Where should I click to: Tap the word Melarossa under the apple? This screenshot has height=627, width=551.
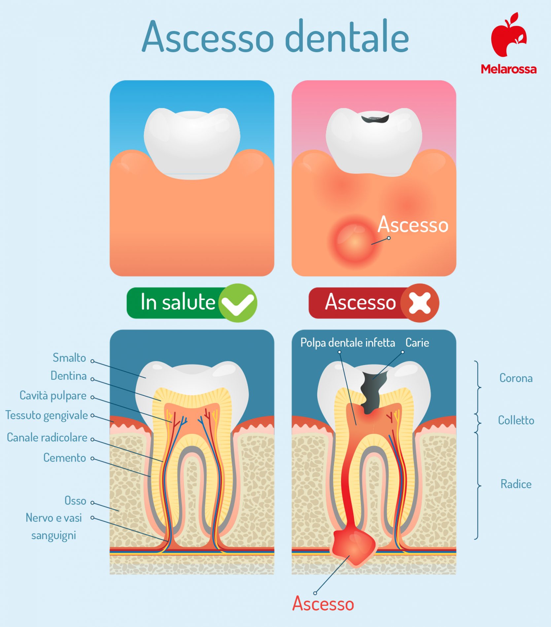click(x=508, y=69)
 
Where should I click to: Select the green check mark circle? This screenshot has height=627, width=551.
click(x=238, y=303)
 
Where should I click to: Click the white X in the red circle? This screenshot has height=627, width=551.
click(x=420, y=303)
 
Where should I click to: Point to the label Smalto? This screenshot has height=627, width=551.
click(x=69, y=358)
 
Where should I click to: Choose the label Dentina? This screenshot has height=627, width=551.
click(x=69, y=376)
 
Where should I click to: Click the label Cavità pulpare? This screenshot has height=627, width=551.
click(x=53, y=396)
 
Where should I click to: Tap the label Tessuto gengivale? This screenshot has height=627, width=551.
click(x=47, y=415)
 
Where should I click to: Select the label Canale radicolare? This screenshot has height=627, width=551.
click(x=47, y=438)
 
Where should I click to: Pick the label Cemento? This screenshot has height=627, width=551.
click(x=65, y=458)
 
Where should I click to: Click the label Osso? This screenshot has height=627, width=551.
click(x=75, y=501)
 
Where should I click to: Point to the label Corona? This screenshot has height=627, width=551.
click(x=516, y=378)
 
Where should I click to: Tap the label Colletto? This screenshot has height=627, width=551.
click(x=516, y=420)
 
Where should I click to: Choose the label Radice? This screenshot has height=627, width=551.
click(x=516, y=484)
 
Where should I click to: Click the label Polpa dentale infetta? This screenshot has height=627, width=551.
click(x=348, y=343)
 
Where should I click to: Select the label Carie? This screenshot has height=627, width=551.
click(x=417, y=343)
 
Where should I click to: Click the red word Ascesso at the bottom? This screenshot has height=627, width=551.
click(x=323, y=604)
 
